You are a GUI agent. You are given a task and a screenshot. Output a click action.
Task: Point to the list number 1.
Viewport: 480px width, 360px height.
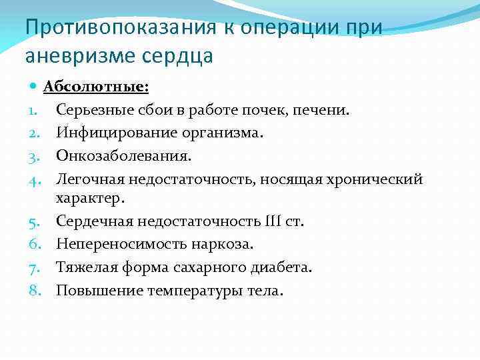tap(33, 110)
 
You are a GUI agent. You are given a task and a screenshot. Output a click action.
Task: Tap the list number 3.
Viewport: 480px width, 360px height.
tap(33, 155)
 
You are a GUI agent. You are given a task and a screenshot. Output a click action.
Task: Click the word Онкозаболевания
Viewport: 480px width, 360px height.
tap(123, 155)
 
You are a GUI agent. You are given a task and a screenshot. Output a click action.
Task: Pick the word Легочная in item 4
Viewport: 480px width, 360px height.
tap(89, 179)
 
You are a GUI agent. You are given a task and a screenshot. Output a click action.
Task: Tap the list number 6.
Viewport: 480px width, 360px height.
tap(33, 244)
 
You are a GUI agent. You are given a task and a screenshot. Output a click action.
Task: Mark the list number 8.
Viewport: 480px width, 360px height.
tap(33, 290)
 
